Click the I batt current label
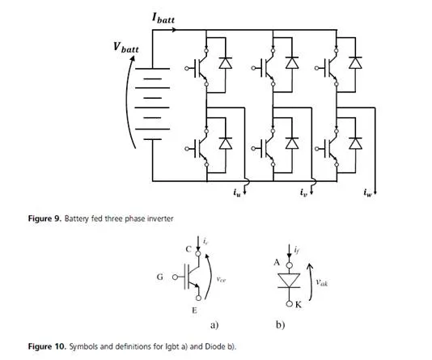point(163,18)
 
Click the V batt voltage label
point(126,48)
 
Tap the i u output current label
point(237,193)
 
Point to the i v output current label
point(303,193)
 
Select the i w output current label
point(367,193)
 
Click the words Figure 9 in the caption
point(44,218)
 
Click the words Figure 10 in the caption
point(47,346)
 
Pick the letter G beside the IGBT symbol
point(160,277)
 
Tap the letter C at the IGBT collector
point(188,249)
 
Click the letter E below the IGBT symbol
point(194,311)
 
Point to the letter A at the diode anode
point(277,263)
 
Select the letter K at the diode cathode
point(299,305)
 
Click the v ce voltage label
point(221,280)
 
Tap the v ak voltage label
point(321,282)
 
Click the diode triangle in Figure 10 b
point(289,281)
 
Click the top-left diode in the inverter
point(226,62)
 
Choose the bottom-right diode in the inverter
point(355,143)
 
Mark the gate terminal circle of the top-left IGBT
point(187,68)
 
